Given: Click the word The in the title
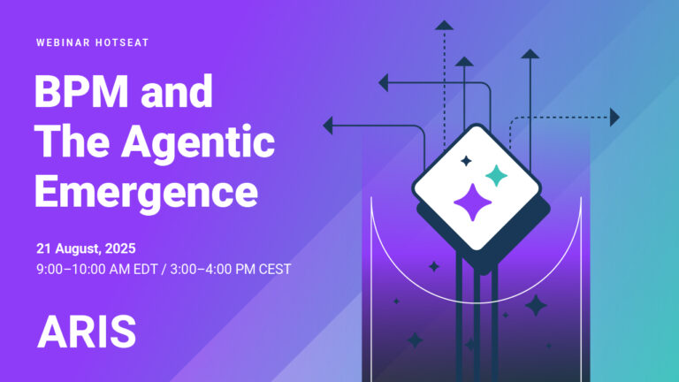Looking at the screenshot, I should [71, 141].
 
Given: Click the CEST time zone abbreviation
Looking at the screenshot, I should [273, 268].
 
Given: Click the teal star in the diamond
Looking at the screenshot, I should [497, 175].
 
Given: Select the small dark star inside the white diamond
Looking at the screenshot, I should [466, 161].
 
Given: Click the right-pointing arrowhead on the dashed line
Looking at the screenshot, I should [614, 117].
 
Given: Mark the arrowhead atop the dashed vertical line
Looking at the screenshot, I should [444, 24].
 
